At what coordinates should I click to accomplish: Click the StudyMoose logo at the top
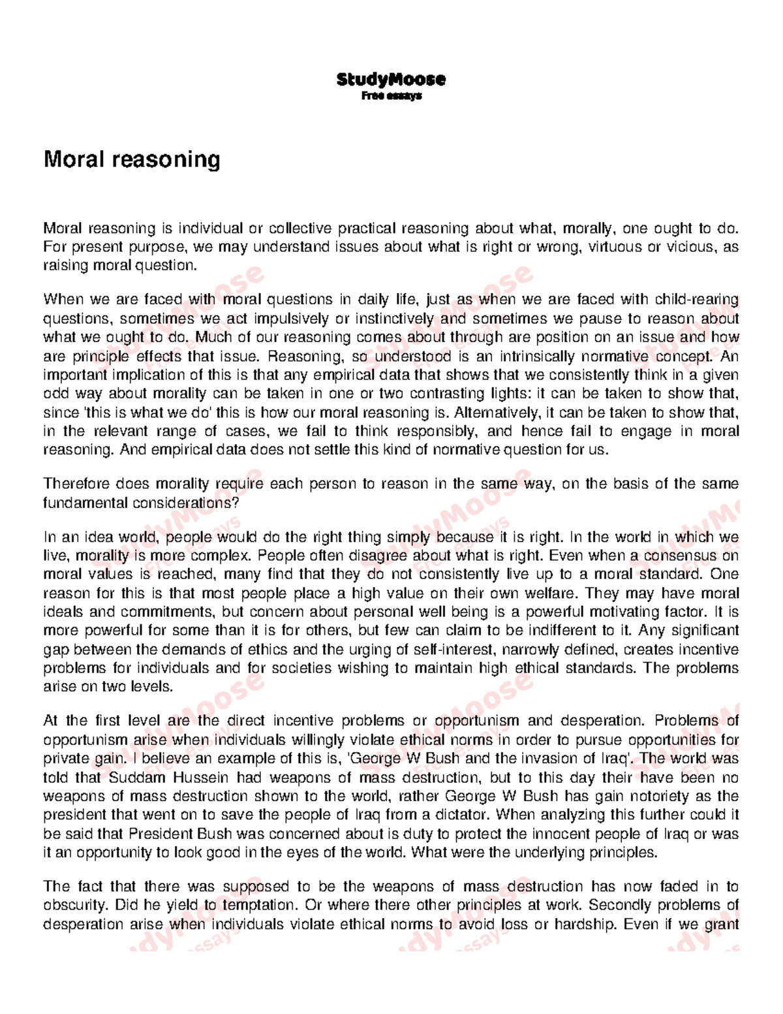click(x=391, y=80)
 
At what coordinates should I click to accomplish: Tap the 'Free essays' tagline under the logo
click(x=391, y=96)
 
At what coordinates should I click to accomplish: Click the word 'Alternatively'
click(x=495, y=413)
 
